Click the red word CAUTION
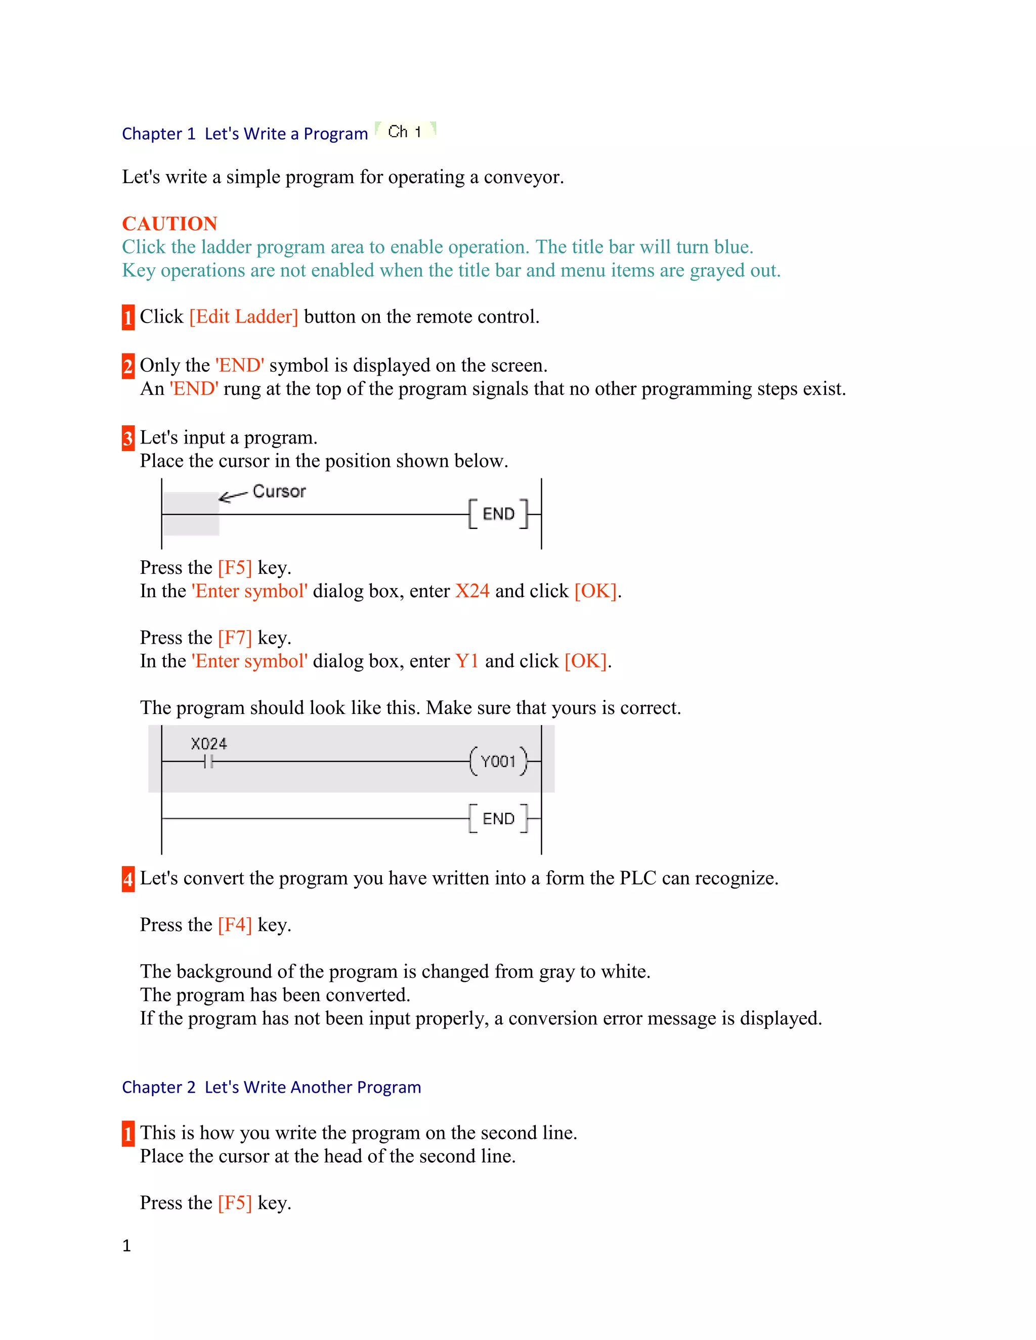pyautogui.click(x=169, y=224)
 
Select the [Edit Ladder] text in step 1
pyautogui.click(x=244, y=317)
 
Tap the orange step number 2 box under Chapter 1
pyautogui.click(x=127, y=366)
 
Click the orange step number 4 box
pyautogui.click(x=127, y=879)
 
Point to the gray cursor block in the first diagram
pyautogui.click(x=191, y=514)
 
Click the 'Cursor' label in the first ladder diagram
pyautogui.click(x=279, y=492)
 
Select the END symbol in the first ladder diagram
pyautogui.click(x=498, y=514)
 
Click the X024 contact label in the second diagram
pyautogui.click(x=209, y=744)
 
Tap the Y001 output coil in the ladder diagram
pyautogui.click(x=498, y=762)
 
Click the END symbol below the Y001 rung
pyautogui.click(x=498, y=819)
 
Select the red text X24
pyautogui.click(x=472, y=591)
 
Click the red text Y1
pyautogui.click(x=466, y=661)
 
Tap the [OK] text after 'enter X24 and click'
pyautogui.click(x=595, y=591)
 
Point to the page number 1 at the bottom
pyautogui.click(x=126, y=1245)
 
